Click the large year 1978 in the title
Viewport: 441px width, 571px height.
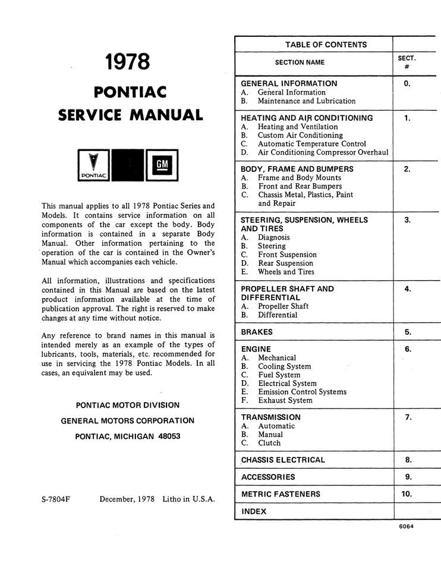pyautogui.click(x=127, y=62)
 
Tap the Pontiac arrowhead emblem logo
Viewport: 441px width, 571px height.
pyautogui.click(x=93, y=165)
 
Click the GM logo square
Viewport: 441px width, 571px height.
pyautogui.click(x=162, y=165)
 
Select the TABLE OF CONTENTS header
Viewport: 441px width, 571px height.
pyautogui.click(x=326, y=45)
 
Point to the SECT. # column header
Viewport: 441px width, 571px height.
pyautogui.click(x=407, y=62)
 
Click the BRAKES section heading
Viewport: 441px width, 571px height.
pyautogui.click(x=257, y=332)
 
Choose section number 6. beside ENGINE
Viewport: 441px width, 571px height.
pyautogui.click(x=408, y=349)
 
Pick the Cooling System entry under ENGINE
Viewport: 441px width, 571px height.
pyautogui.click(x=284, y=366)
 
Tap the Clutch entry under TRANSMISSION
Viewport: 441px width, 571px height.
pyautogui.click(x=269, y=443)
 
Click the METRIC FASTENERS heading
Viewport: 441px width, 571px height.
pyautogui.click(x=281, y=494)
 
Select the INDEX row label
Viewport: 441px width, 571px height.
pyautogui.click(x=254, y=511)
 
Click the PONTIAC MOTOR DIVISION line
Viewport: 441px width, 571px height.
pyautogui.click(x=128, y=405)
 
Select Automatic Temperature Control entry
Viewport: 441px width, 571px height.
pyautogui.click(x=311, y=144)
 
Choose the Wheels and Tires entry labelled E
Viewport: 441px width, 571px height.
pyautogui.click(x=286, y=272)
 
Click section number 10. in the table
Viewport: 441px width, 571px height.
pyautogui.click(x=408, y=494)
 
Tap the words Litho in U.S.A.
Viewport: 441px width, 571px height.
pyautogui.click(x=188, y=500)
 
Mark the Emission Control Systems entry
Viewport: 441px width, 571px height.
pyautogui.click(x=302, y=392)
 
